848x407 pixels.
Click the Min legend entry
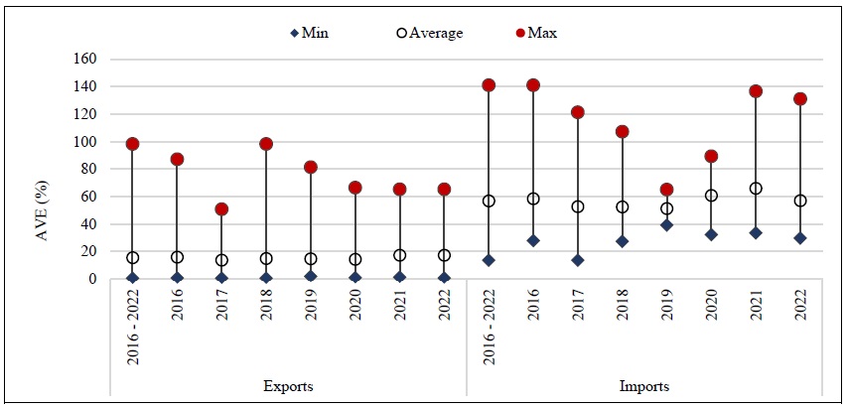click(309, 33)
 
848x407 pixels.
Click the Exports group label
click(289, 386)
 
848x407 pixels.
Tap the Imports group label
click(644, 386)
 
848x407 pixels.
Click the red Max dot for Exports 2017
click(221, 209)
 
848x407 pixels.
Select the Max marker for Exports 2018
click(266, 144)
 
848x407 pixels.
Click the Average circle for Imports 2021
click(756, 189)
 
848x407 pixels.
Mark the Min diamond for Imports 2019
click(667, 225)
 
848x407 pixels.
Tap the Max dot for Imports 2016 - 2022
click(489, 85)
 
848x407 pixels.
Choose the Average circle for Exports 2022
click(444, 255)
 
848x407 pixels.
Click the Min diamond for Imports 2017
click(578, 260)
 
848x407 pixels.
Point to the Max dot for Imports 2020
click(711, 156)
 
